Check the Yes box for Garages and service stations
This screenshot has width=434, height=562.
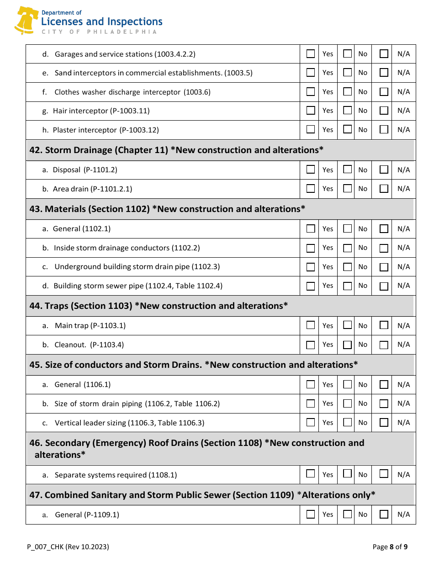tap(311, 54)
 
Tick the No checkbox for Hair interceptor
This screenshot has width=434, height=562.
tap(348, 111)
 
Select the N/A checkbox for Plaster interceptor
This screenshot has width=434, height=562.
tap(384, 130)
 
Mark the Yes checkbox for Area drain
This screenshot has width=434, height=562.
tap(311, 189)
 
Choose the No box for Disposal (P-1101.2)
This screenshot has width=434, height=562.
tap(348, 170)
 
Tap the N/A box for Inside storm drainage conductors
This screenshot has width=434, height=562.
tap(384, 248)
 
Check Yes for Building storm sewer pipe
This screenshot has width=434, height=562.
tap(311, 286)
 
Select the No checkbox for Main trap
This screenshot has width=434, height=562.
tap(348, 325)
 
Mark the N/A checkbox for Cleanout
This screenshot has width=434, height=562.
tap(384, 345)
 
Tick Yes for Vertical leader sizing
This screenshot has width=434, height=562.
tap(311, 423)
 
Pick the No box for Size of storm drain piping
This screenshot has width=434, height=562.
tap(348, 403)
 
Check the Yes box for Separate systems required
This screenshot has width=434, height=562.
tap(311, 474)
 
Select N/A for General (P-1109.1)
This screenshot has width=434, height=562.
tap(384, 514)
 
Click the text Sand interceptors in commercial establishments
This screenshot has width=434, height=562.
tap(153, 73)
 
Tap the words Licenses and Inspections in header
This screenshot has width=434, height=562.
tap(101, 22)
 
